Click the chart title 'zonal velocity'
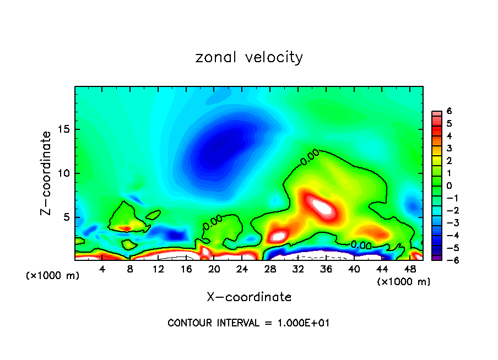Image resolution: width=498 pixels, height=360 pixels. point(249,57)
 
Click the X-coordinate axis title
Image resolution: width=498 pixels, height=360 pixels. point(249,297)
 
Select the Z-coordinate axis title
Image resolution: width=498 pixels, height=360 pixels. point(47,173)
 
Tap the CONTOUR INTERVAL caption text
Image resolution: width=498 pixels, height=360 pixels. point(248,323)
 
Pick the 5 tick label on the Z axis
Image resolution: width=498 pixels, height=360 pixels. point(66,217)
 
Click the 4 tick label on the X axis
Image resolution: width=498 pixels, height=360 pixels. point(102,269)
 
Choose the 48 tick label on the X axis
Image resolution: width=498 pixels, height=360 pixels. point(409,269)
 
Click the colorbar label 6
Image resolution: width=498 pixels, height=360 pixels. point(449,111)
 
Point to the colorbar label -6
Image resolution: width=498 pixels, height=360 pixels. point(447,260)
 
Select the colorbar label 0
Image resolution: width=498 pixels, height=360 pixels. point(449,186)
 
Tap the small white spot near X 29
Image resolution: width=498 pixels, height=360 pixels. point(278,236)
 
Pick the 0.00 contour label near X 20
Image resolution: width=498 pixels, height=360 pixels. point(212,222)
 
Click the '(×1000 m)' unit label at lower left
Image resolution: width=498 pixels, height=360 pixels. point(53,276)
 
